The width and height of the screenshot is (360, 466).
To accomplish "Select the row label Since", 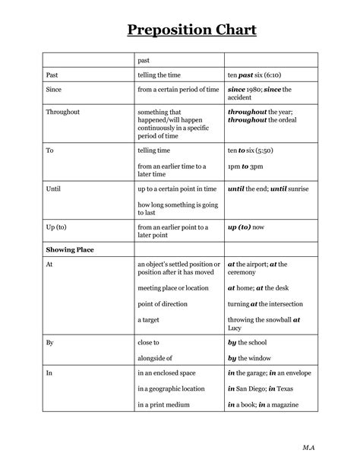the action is [x=55, y=90].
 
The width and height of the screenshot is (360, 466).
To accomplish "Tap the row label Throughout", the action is [x=63, y=112].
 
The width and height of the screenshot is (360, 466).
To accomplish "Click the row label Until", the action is [x=53, y=188].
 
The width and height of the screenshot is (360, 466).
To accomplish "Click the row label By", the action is [x=50, y=344].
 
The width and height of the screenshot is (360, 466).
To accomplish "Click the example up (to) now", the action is [x=246, y=227].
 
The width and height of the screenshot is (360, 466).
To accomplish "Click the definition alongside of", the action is [x=156, y=357].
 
